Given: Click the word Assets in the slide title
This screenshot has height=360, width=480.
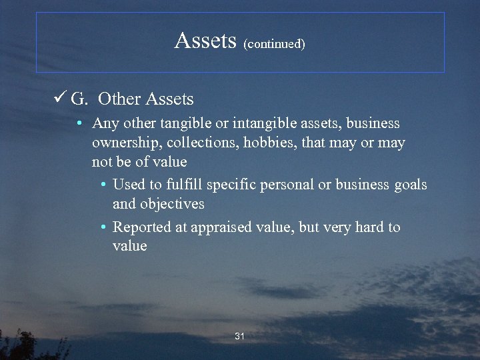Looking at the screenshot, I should (x=205, y=41).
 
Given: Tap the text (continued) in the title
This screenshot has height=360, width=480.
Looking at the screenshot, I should (x=274, y=44).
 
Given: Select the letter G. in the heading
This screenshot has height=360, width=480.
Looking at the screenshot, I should (x=79, y=99).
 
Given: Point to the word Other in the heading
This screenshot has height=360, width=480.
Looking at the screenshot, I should (x=119, y=99).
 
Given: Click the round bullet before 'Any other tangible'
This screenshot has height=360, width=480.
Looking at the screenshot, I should (x=79, y=124).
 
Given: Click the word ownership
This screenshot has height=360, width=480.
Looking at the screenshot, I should (x=126, y=143).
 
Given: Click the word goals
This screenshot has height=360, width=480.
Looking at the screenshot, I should (x=409, y=185).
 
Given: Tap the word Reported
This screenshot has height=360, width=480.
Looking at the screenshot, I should (x=141, y=227).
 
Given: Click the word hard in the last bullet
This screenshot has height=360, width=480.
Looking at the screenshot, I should (x=370, y=227).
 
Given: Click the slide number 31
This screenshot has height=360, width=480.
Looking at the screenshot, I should (x=240, y=337).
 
